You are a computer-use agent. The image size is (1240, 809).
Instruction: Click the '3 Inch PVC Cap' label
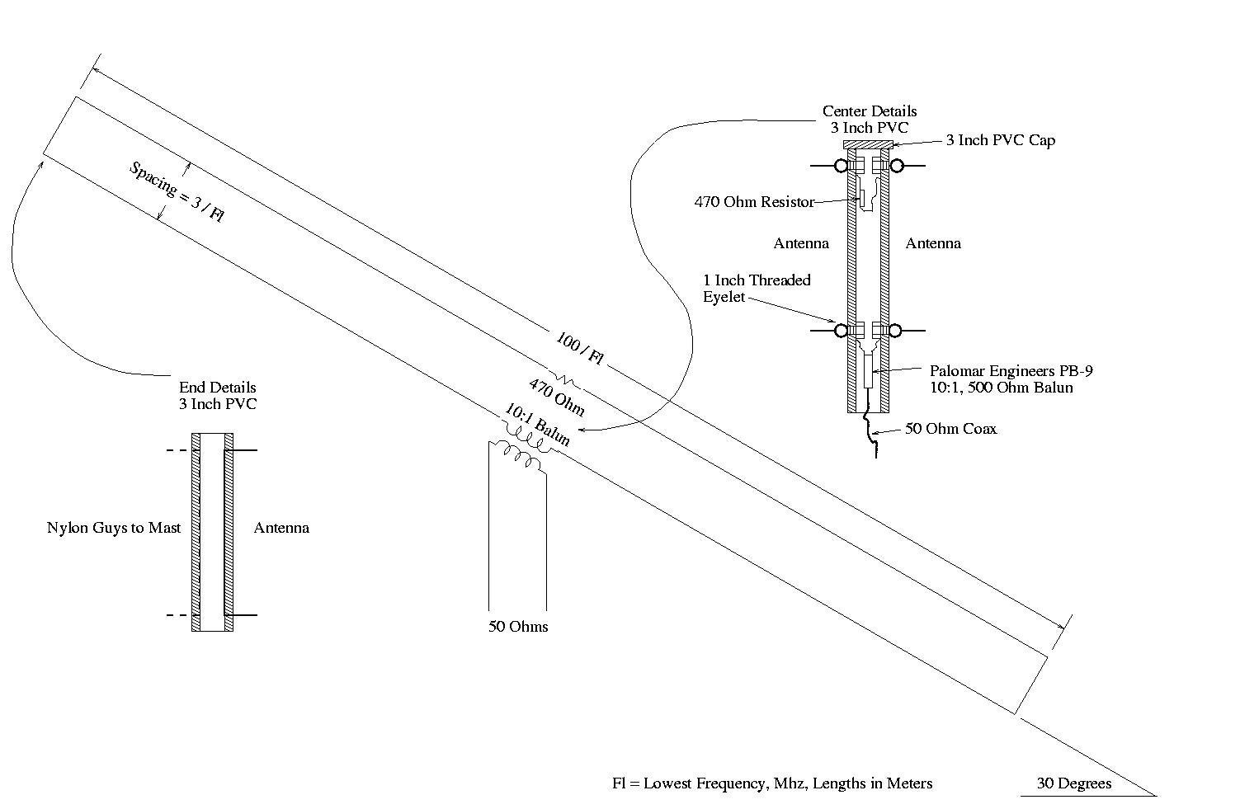coord(1000,140)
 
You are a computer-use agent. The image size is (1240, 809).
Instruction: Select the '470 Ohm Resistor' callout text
coord(754,202)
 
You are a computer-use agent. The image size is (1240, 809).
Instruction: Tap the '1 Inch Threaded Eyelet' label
coord(757,289)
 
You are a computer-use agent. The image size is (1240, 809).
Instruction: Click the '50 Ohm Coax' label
coord(950,429)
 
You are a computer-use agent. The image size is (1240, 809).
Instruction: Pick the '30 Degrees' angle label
coord(1073,783)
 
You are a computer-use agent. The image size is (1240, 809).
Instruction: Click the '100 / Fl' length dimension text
coord(580,350)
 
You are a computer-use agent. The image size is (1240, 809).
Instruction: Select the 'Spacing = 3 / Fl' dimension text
coord(177,192)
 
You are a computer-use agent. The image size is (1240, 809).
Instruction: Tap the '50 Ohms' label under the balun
coord(518,627)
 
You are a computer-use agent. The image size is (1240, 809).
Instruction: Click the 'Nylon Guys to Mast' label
coord(114,528)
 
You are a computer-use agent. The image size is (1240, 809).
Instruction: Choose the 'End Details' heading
coord(218,388)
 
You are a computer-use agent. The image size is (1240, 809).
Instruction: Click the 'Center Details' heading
coord(870,111)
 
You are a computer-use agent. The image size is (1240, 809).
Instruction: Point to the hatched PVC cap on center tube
coord(870,144)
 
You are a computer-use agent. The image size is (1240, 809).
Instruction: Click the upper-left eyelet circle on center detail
coord(841,166)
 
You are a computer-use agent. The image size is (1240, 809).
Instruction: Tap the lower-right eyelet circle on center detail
coord(897,331)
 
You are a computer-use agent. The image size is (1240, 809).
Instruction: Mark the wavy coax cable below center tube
coord(871,433)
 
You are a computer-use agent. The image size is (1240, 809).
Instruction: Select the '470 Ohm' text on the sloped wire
coord(557,397)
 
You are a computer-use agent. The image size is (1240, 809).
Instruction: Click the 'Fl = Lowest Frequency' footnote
coord(772,783)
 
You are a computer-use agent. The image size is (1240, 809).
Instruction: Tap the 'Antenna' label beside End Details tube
coord(281,528)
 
